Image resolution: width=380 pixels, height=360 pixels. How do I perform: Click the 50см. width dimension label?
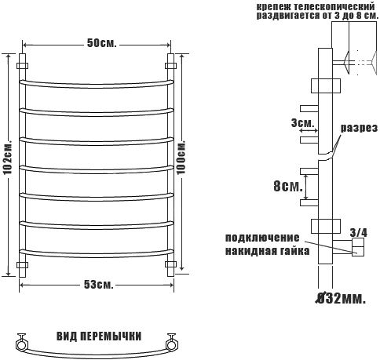[101, 43]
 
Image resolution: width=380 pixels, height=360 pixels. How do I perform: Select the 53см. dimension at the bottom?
[99, 285]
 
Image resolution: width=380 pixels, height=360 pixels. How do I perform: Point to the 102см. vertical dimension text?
[8, 158]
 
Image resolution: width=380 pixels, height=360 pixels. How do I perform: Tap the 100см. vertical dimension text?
[181, 158]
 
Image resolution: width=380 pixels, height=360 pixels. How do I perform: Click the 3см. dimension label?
[302, 123]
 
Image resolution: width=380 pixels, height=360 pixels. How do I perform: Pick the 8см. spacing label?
[288, 187]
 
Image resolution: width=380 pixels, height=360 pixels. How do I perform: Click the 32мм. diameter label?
[340, 298]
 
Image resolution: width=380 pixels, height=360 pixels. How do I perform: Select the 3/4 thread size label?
[359, 232]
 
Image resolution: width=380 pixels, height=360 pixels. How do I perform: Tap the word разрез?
[359, 128]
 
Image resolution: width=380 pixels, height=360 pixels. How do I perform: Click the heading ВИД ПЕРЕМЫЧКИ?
[99, 336]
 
